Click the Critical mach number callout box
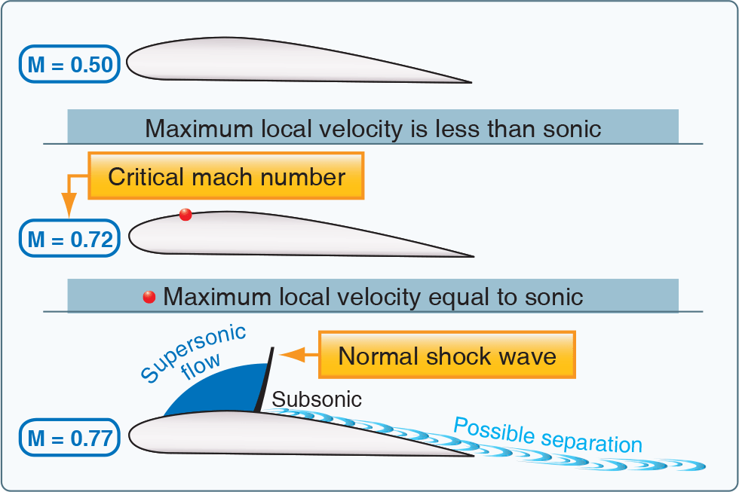click(226, 176)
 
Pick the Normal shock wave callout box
click(447, 355)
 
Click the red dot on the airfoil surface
click(186, 215)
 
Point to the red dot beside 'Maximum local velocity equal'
click(149, 296)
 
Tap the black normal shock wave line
click(264, 380)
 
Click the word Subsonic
click(317, 399)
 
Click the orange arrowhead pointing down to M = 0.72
click(69, 205)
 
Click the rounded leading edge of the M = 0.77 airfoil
click(132, 435)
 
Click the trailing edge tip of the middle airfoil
click(472, 257)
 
